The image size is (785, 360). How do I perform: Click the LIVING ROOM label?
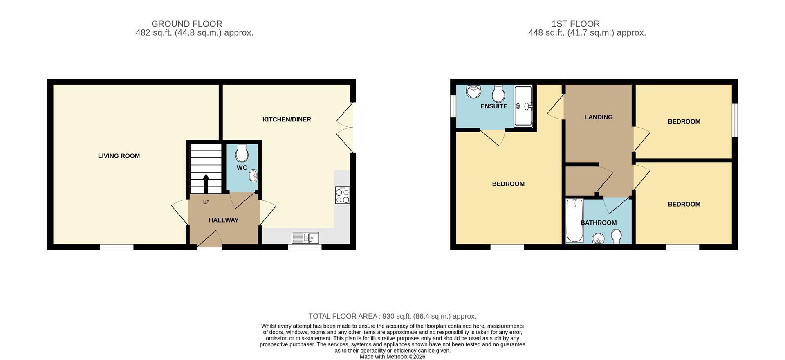[119, 156]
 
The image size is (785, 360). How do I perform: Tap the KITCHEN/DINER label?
[287, 119]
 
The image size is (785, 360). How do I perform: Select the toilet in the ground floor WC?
[242, 153]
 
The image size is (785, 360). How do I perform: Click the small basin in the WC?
[253, 176]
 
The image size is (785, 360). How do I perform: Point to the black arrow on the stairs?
[206, 184]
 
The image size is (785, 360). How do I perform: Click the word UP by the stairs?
[206, 202]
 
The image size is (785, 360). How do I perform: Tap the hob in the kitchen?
[342, 195]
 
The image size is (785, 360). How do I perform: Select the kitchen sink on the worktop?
[305, 237]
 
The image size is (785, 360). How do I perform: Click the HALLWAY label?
[224, 220]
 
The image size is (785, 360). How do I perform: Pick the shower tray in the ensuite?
[523, 105]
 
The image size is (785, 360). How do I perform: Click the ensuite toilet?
[498, 94]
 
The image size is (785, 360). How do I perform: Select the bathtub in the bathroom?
[574, 220]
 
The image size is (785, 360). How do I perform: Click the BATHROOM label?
[599, 223]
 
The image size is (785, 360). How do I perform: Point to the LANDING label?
[599, 117]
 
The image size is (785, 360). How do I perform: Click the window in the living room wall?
[117, 247]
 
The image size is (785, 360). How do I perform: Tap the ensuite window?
[453, 106]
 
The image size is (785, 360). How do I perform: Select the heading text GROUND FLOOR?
[187, 24]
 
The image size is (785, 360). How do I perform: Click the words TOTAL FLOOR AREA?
[343, 316]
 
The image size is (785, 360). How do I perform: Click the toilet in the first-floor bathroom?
[616, 236]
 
